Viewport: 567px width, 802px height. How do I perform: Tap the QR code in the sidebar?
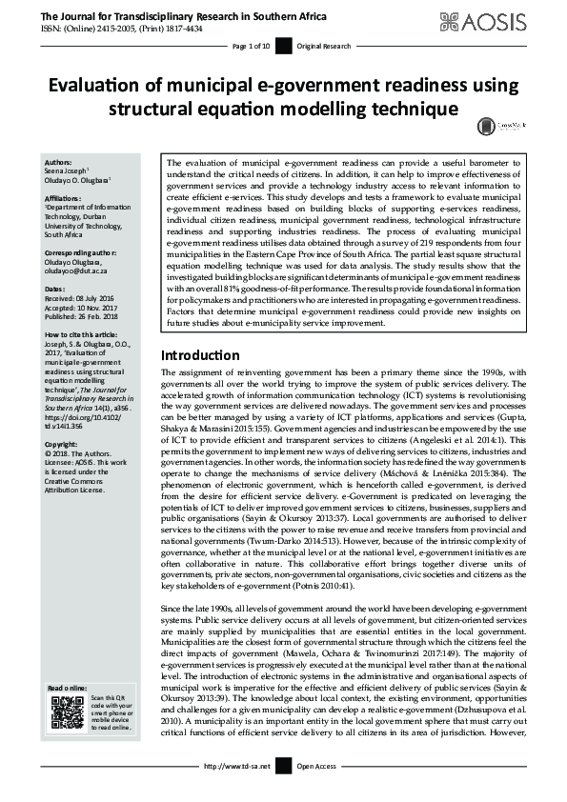tap(68, 712)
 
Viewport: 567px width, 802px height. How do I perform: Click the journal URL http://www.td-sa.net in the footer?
tap(237, 766)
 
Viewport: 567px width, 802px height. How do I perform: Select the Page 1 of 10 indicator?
tap(252, 46)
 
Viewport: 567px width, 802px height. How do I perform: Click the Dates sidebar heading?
tap(55, 288)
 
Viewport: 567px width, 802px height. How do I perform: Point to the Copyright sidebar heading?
tap(62, 444)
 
